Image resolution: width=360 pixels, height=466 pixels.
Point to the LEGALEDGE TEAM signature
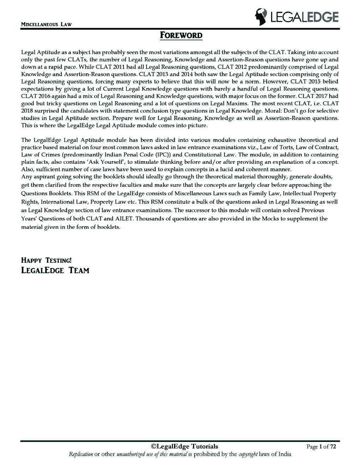coord(55,270)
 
